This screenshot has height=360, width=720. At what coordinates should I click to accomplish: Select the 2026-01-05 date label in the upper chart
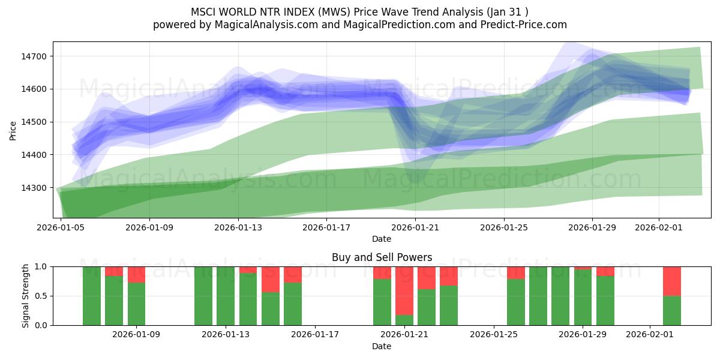click(x=61, y=228)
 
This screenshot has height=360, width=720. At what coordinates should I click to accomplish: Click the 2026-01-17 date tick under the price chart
click(x=326, y=228)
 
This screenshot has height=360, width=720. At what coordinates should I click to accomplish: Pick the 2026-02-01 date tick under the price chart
click(x=659, y=228)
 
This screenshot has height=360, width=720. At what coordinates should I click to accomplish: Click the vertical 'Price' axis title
click(x=13, y=130)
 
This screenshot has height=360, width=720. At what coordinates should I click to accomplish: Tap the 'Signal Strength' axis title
click(x=26, y=296)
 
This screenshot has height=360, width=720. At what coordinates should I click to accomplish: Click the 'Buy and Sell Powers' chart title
click(x=382, y=257)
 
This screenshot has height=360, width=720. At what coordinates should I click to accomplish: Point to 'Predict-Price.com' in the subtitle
click(x=526, y=25)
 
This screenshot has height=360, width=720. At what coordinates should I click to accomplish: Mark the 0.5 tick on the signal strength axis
click(x=42, y=296)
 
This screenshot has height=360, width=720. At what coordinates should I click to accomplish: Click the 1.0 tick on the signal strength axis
click(x=42, y=266)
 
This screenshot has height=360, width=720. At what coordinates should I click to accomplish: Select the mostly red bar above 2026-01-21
click(x=404, y=290)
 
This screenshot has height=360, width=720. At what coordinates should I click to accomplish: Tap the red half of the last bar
click(x=672, y=281)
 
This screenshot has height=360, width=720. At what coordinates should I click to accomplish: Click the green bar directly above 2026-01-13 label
click(x=226, y=296)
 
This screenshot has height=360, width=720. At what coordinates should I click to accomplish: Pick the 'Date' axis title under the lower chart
click(x=382, y=346)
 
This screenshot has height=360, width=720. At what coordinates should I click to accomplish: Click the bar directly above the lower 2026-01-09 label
click(x=136, y=304)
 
